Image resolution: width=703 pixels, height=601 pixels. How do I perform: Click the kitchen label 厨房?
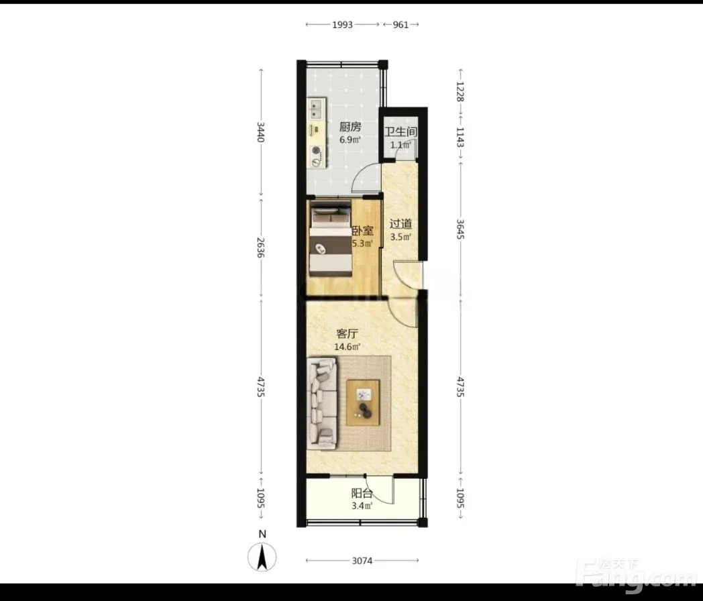350,127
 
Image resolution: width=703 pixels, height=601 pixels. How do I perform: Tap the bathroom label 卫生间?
401,131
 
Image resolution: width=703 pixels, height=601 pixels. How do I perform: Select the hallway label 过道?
400,223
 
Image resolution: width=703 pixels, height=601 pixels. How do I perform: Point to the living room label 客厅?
347,334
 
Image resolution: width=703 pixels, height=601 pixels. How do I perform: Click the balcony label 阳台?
362,494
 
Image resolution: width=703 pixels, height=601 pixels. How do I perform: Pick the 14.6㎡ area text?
347,346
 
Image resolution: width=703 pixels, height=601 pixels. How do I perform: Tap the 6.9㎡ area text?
349,140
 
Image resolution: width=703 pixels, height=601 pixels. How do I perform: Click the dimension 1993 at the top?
343,25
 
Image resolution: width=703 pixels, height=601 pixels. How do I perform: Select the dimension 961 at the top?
401,25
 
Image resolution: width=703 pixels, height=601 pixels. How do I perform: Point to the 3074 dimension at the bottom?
362,560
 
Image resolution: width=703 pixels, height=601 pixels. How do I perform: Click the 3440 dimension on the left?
261,131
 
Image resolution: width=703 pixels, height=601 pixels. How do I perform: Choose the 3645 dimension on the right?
460,229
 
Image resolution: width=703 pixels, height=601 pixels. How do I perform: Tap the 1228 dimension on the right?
460,91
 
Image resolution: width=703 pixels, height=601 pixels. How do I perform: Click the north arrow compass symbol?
262,557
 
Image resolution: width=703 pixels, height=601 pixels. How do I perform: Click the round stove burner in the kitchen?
317,151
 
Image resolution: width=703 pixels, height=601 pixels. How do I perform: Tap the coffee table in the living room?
363,402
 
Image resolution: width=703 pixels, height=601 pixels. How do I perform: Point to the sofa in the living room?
322,403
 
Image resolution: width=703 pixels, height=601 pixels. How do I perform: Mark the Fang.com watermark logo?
637,577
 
